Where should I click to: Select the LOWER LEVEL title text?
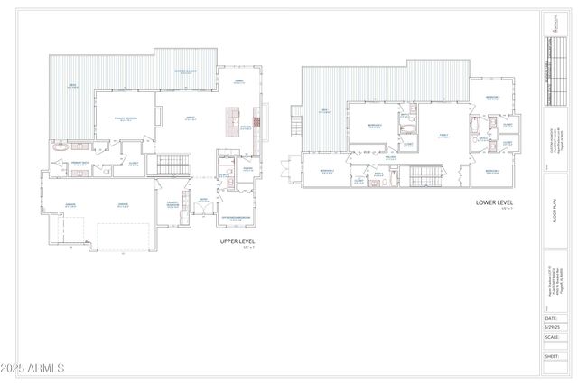494,202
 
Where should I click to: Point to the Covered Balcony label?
187,73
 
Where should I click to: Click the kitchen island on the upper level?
230,121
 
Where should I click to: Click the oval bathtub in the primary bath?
61,146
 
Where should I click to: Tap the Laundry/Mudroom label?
171,203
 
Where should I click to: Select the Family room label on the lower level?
443,135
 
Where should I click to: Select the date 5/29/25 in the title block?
551,327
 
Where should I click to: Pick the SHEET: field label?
551,356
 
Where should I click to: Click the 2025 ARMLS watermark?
33,370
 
